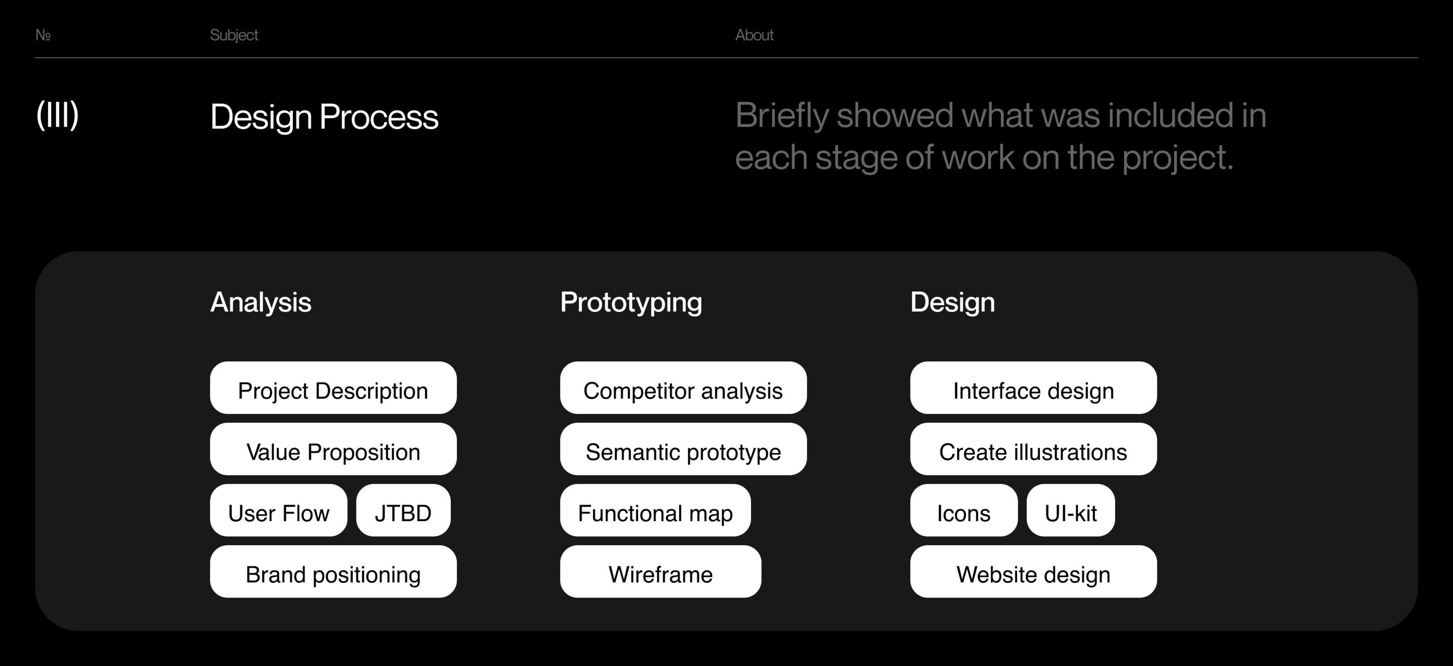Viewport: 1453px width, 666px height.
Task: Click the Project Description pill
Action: click(x=333, y=388)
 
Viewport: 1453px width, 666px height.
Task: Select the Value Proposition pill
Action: click(x=333, y=449)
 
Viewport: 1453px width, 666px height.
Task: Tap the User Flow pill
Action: click(x=279, y=510)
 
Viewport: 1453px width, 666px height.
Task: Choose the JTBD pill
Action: click(x=403, y=510)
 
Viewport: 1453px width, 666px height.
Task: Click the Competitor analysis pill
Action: click(x=683, y=388)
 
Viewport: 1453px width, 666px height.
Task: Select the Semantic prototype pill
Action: click(x=683, y=449)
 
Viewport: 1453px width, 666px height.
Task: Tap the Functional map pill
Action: click(x=655, y=510)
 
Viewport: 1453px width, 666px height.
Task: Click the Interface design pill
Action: click(x=1033, y=388)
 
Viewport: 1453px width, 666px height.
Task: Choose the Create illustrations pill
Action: click(x=1033, y=449)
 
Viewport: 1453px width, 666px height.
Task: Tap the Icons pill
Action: click(x=964, y=510)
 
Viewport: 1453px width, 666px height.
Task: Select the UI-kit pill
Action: click(x=1071, y=510)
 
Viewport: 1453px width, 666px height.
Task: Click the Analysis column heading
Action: click(x=261, y=303)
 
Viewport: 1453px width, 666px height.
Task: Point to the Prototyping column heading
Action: click(x=631, y=303)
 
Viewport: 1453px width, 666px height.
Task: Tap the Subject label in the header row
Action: click(x=234, y=35)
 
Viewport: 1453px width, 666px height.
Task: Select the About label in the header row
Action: click(x=754, y=35)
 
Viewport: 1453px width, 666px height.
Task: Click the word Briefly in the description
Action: click(x=782, y=116)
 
